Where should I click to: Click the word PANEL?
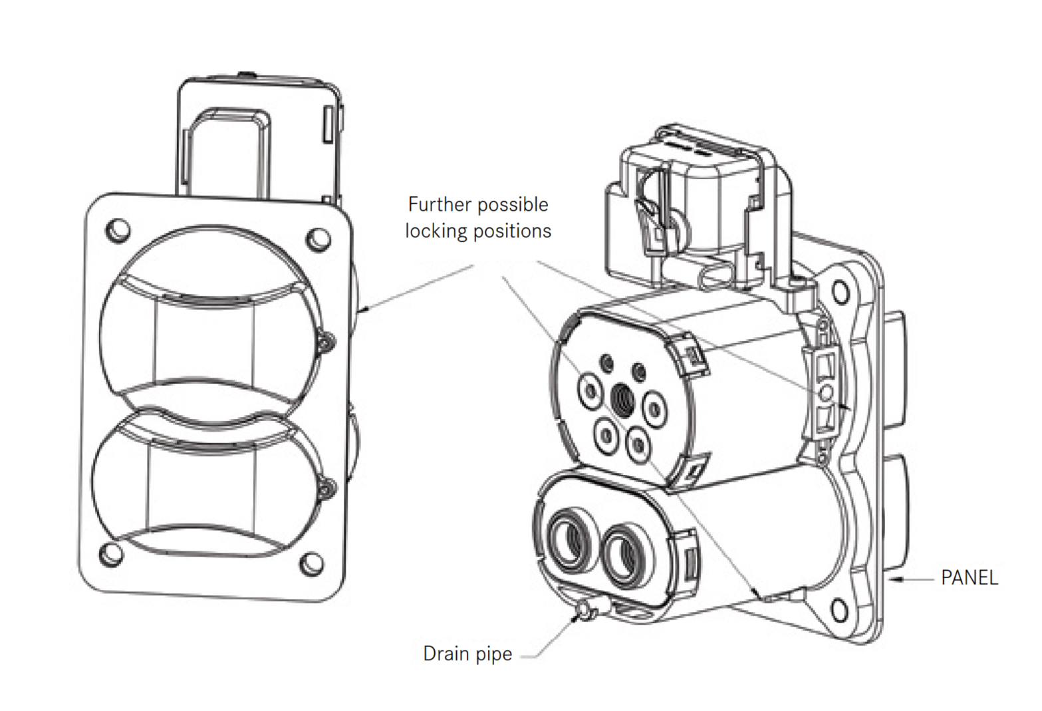(969, 577)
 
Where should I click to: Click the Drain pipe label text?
(467, 654)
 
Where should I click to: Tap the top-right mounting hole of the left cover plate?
(319, 239)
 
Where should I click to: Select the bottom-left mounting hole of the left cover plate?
(111, 554)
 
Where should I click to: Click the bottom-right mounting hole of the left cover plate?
(312, 565)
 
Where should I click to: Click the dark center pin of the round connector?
(622, 398)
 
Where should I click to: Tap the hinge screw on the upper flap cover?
(326, 343)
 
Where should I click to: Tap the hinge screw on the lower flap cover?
(325, 489)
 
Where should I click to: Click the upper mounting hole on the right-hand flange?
(841, 291)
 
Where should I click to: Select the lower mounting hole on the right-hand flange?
(839, 607)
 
